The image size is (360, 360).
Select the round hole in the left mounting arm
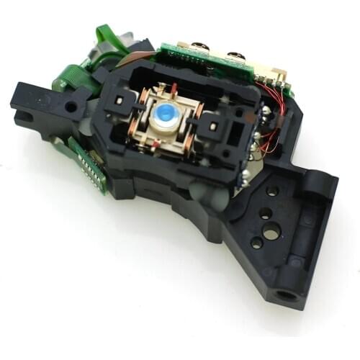point(73,107)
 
